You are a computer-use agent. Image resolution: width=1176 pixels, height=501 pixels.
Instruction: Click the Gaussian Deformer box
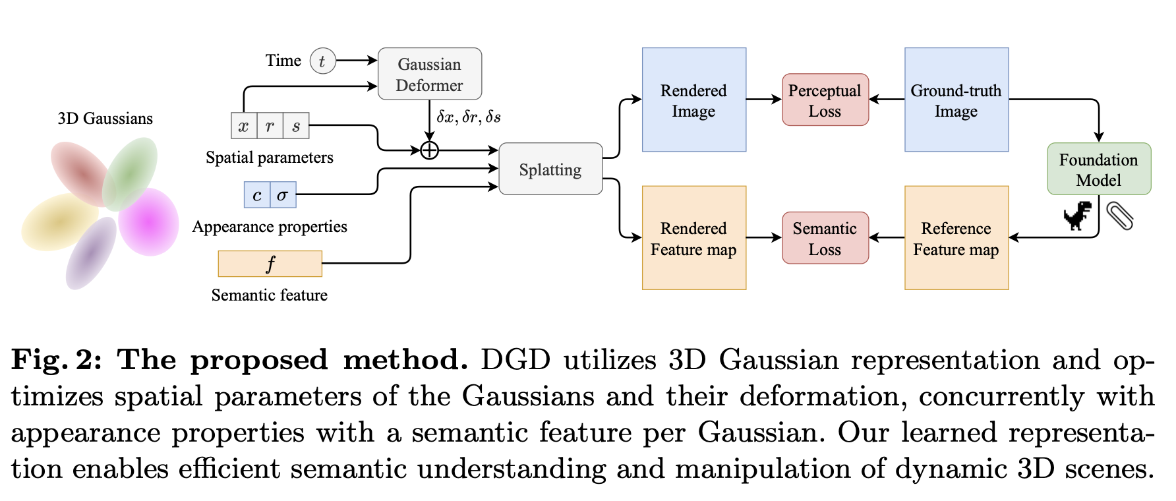(429, 74)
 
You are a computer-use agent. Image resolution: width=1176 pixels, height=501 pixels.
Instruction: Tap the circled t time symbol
(322, 61)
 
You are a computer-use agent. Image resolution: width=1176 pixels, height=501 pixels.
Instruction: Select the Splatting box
(550, 169)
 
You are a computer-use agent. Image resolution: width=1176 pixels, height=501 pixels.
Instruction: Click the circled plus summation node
(429, 150)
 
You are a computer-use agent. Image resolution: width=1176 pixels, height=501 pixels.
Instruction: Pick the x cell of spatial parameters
(244, 125)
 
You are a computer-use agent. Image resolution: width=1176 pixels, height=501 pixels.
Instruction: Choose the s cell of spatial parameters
(296, 125)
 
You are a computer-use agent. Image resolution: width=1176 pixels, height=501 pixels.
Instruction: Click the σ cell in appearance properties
(283, 195)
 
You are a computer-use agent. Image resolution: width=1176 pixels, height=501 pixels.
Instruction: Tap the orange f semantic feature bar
(270, 264)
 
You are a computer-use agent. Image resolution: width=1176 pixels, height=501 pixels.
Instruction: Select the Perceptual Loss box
(825, 100)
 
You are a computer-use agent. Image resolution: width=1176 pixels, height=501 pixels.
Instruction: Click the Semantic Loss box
(825, 238)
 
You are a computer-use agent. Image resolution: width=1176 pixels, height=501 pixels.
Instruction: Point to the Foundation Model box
(1098, 169)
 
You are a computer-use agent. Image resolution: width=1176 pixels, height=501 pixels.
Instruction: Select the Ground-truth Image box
(956, 100)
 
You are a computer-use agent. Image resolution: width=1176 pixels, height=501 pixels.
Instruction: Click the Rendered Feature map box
(693, 238)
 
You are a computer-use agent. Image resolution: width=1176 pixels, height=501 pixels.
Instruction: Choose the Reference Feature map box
(956, 238)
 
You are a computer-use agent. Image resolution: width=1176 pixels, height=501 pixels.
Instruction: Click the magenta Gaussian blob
(150, 222)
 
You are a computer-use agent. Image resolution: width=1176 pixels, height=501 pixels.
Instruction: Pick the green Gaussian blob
(130, 173)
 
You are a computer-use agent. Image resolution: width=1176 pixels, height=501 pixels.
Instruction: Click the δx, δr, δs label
(469, 117)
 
